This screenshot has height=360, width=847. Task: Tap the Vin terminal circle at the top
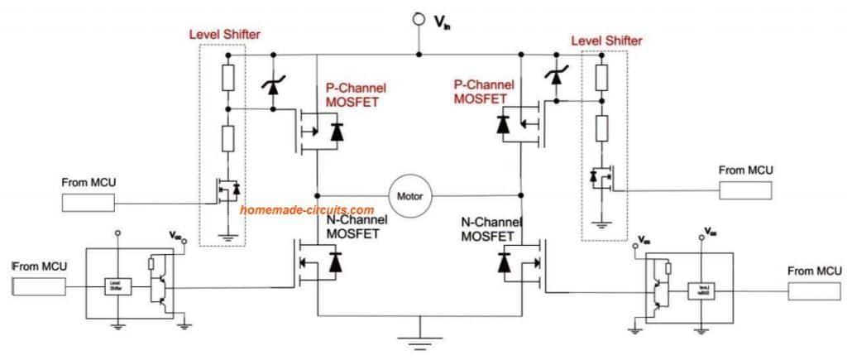coord(419,19)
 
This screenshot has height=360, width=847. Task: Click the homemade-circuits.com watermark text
coord(306,210)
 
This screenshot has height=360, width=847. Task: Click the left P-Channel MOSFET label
coord(357,94)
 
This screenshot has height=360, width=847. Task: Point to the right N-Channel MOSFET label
coord(492,228)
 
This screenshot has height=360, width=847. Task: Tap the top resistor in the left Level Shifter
coord(227,78)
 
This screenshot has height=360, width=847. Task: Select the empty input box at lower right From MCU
coord(816,292)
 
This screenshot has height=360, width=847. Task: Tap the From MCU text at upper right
coord(746,170)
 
